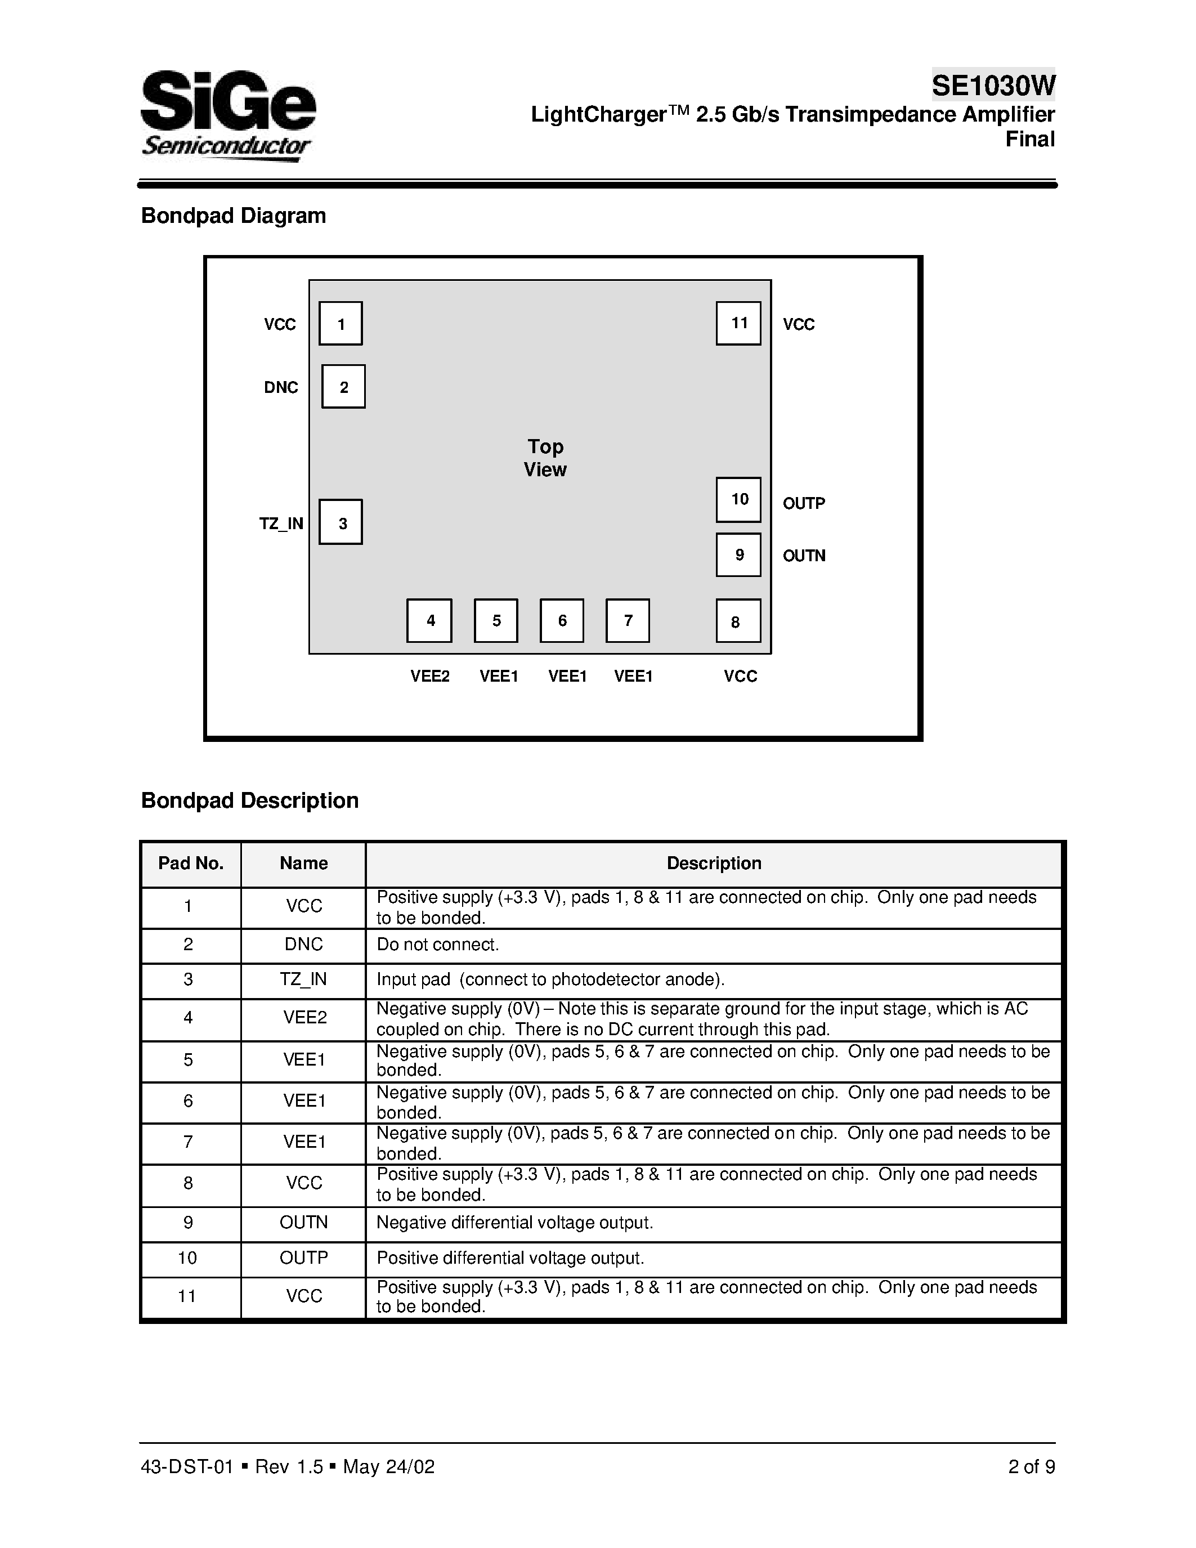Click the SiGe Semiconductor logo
pos(228,115)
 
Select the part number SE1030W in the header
pos(993,86)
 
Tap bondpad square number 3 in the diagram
pos(341,522)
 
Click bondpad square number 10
pos(738,500)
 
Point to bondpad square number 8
pos(738,621)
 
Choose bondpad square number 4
pos(429,621)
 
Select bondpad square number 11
pos(738,323)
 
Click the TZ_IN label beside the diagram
pos(281,524)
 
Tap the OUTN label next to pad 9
pos(804,556)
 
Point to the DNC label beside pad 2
pos(281,388)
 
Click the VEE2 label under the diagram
pos(430,676)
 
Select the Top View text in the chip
pos(545,458)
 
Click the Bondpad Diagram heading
pos(234,216)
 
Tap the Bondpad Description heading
pos(250,800)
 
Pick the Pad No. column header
pos(191,864)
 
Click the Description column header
pos(714,864)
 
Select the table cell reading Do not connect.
pos(438,945)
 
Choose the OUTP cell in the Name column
pos(303,1258)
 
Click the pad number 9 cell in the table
pos(189,1223)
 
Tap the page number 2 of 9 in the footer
pos(1031,1466)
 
